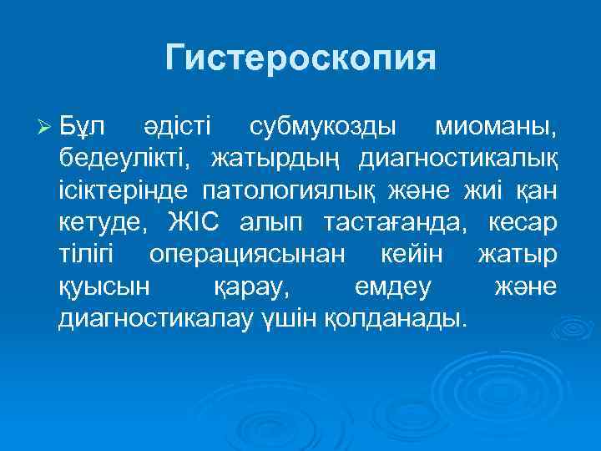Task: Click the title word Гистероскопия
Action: tap(300, 58)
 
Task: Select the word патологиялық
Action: tap(293, 190)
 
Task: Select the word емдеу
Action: tap(393, 286)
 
